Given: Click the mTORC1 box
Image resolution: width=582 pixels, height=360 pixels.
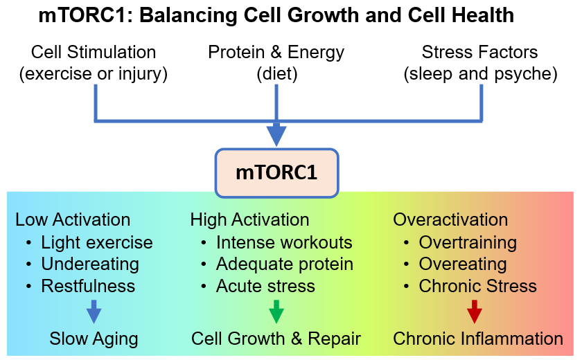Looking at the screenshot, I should [276, 172].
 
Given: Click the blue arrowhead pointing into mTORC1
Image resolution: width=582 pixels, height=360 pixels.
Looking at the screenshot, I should [276, 136].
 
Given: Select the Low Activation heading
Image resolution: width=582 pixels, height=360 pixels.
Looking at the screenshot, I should [73, 220].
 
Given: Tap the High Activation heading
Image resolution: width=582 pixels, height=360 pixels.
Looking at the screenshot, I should [249, 220].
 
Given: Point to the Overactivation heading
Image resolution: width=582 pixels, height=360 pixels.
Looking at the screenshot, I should [450, 220].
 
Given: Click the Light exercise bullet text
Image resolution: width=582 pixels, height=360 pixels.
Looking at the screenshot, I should [97, 242].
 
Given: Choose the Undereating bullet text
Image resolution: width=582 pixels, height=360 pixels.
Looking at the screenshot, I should [90, 264].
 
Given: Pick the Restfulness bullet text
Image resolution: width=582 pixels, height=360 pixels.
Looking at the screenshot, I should [88, 286].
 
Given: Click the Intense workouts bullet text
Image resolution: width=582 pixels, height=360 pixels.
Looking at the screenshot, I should [284, 242].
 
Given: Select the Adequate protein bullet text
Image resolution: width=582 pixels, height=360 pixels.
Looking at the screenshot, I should [285, 264].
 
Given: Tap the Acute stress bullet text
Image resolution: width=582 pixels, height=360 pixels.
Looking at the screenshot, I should [265, 286].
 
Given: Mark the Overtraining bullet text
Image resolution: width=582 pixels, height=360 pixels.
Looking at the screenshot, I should [468, 242].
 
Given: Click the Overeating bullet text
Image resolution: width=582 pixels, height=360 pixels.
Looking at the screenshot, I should [463, 264].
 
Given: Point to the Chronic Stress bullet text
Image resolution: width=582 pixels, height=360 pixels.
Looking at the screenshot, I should [478, 286].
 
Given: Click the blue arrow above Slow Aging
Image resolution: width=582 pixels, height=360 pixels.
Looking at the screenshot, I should [94, 312].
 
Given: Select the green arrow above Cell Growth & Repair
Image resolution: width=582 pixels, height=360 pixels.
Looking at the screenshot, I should [276, 312].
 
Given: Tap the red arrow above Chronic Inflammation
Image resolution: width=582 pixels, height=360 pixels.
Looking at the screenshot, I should [474, 312].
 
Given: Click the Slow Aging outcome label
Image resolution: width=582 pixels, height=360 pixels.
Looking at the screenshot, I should [94, 339].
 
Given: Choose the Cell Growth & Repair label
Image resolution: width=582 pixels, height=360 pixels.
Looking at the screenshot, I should [276, 339].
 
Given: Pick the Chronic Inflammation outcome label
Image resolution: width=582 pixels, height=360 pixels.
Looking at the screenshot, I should [478, 339].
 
